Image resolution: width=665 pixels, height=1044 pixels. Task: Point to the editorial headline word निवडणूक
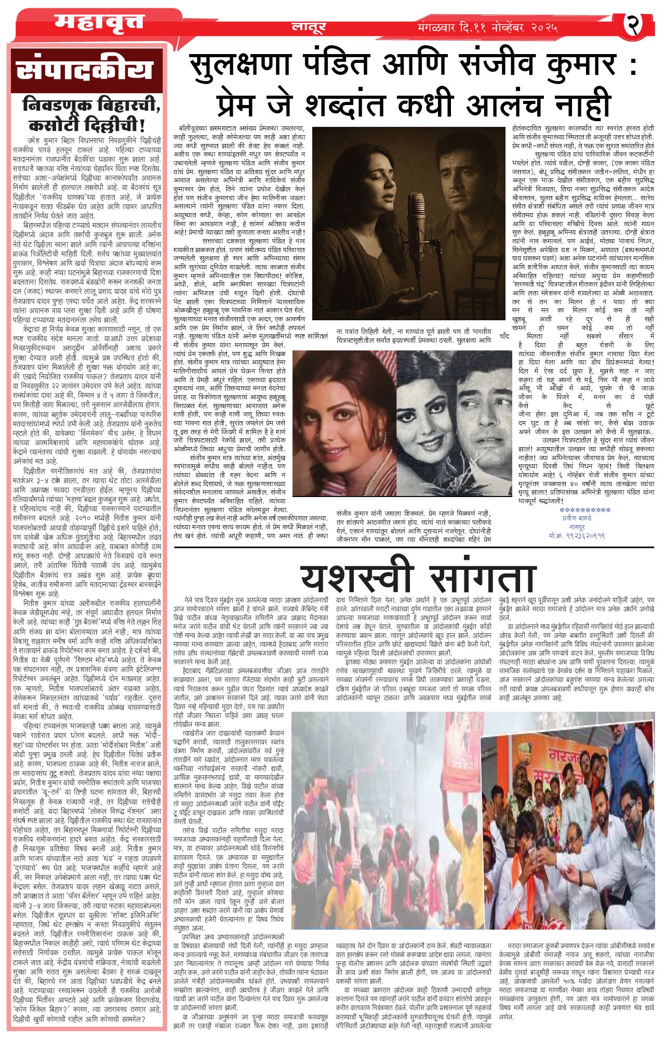[58, 105]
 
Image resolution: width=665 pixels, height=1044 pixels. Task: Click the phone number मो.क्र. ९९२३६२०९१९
[576, 535]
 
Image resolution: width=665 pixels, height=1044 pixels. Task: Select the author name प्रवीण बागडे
[576, 518]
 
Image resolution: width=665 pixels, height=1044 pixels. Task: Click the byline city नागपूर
[576, 527]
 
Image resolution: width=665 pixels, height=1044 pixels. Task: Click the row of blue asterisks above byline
[576, 510]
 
